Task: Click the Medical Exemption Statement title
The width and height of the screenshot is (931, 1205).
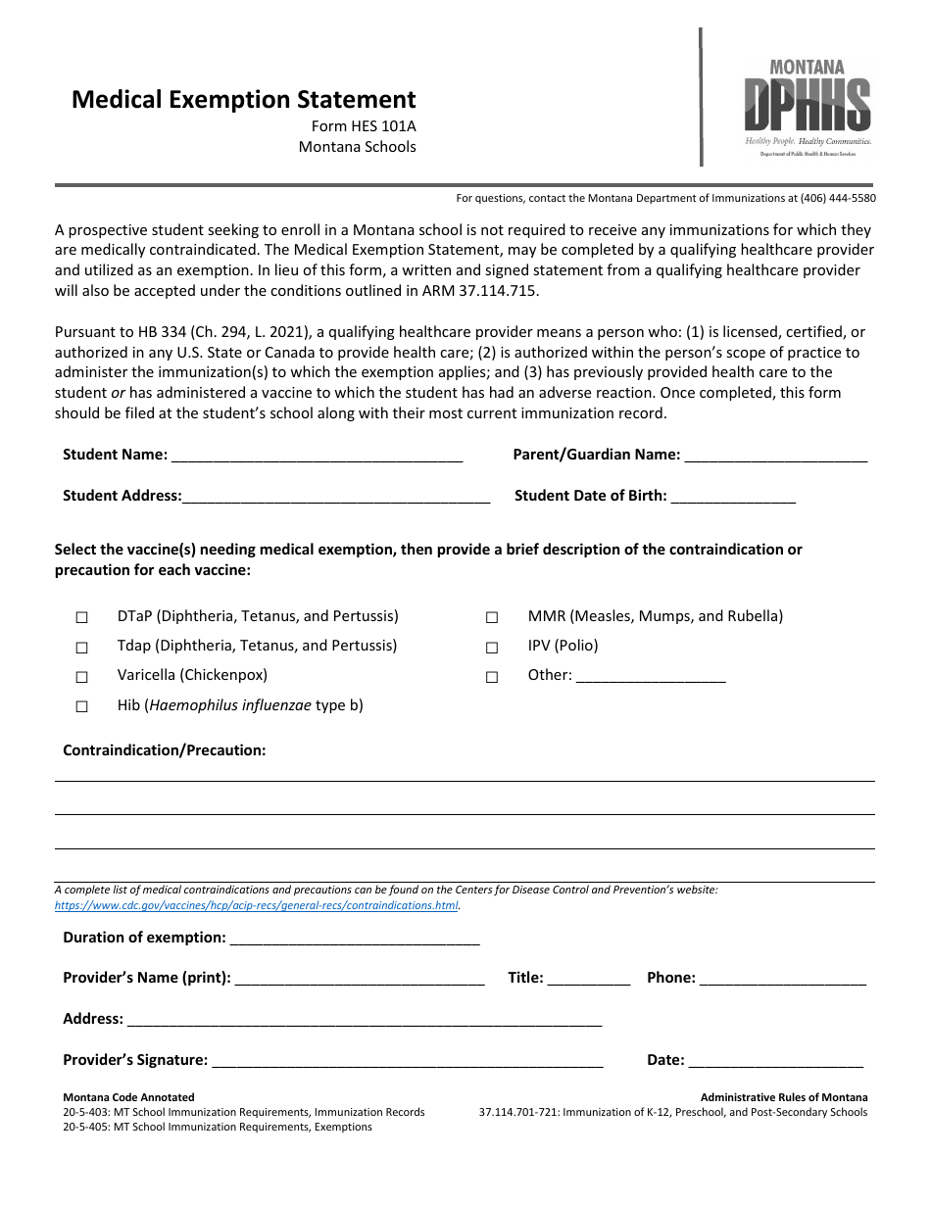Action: [x=243, y=100]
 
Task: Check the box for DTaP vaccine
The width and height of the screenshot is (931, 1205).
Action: [x=82, y=617]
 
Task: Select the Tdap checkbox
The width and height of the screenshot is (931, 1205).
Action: [x=82, y=647]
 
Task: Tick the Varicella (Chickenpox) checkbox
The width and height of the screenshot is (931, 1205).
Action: [x=82, y=676]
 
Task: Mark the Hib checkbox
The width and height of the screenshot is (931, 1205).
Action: [x=82, y=706]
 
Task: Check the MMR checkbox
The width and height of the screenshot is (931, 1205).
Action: [x=492, y=617]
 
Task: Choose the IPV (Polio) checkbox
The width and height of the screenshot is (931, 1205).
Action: [x=492, y=647]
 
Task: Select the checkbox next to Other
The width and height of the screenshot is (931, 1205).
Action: [x=492, y=676]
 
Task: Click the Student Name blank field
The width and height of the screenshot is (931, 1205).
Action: [x=316, y=455]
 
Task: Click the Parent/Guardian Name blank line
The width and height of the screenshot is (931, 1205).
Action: [x=775, y=455]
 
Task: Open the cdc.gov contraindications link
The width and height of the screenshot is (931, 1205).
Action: [x=257, y=905]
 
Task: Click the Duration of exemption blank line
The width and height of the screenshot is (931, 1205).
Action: [x=354, y=939]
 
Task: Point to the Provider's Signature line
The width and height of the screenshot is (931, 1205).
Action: [x=407, y=1060]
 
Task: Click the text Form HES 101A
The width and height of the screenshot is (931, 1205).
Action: [x=364, y=126]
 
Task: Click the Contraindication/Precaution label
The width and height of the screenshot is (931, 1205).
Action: [x=165, y=750]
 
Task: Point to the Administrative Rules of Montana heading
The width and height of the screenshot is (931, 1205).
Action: [x=783, y=1097]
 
